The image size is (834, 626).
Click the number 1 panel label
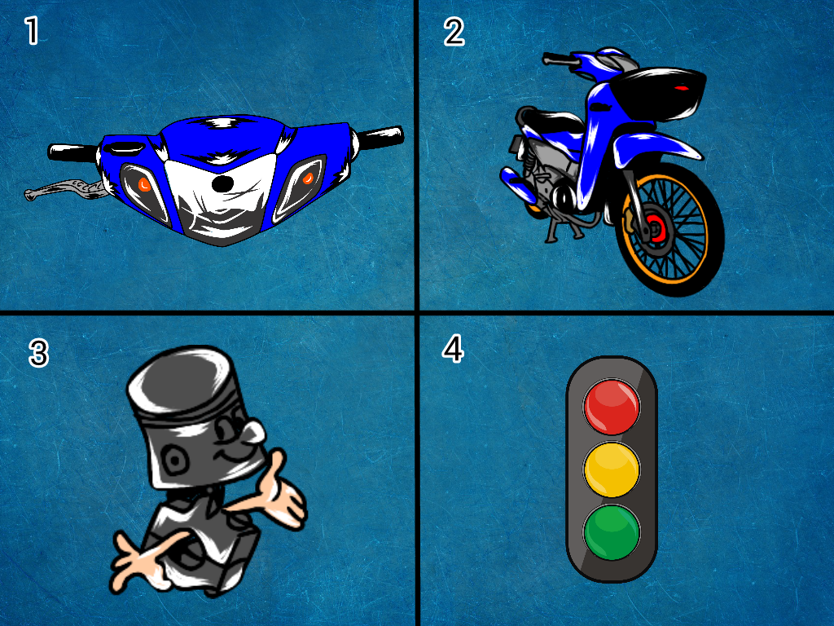pyautogui.click(x=32, y=31)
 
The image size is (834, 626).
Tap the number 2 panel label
pyautogui.click(x=454, y=32)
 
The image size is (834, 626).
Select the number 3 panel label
pyautogui.click(x=38, y=354)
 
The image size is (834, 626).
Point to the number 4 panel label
pyautogui.click(x=453, y=349)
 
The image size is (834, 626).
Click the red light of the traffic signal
pyautogui.click(x=612, y=406)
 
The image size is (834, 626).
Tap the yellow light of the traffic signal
pyautogui.click(x=612, y=469)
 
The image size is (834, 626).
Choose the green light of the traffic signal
pyautogui.click(x=612, y=531)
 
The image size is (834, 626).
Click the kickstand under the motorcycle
pyautogui.click(x=555, y=232)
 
